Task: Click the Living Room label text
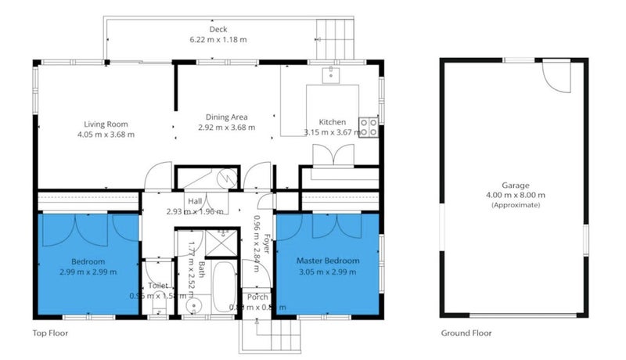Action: pos(106,124)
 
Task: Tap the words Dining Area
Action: pos(226,117)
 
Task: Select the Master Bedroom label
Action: pos(328,260)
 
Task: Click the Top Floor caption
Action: pos(50,333)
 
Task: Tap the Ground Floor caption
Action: pos(466,333)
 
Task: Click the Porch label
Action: pos(257,297)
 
